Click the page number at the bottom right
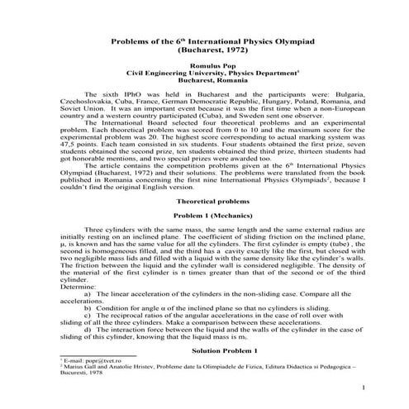pos(364,388)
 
